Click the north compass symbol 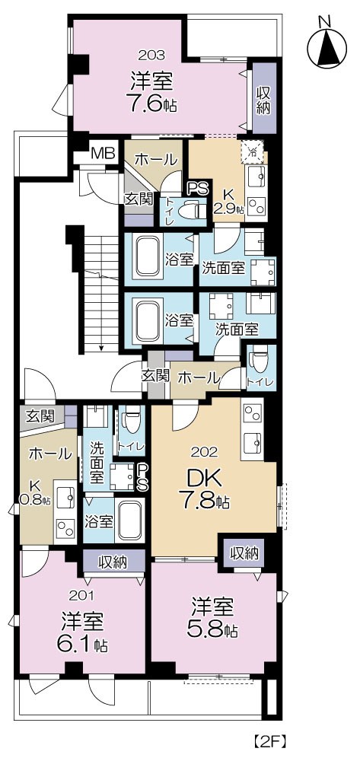[327, 46]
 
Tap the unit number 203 [151, 55]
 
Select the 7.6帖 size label [151, 104]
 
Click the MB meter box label [103, 154]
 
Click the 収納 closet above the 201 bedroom [113, 562]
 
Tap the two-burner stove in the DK [252, 414]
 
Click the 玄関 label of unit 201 [38, 416]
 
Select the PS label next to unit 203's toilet [199, 188]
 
